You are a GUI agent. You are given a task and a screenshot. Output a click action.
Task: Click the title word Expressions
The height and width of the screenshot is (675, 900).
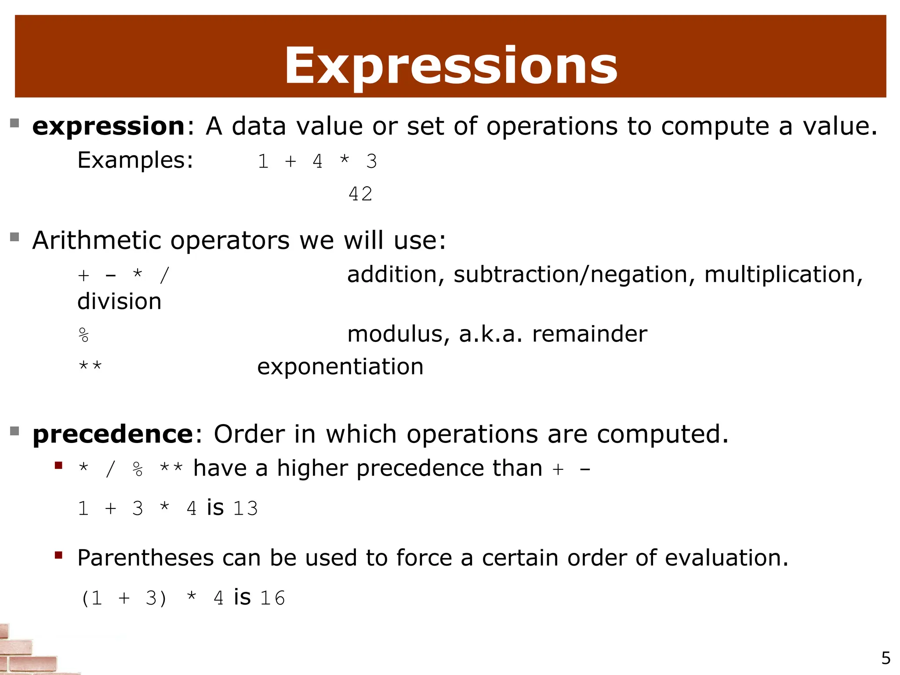point(450,66)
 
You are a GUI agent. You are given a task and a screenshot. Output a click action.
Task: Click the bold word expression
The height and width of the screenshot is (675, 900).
point(109,127)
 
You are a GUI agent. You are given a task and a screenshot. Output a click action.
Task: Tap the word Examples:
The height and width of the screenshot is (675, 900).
point(135,160)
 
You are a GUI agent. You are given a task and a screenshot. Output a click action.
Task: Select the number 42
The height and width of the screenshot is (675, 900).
point(360,194)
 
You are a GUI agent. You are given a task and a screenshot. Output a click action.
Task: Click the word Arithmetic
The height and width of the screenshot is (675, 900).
point(97,240)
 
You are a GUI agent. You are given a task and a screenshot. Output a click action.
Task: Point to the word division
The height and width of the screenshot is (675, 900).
point(119,301)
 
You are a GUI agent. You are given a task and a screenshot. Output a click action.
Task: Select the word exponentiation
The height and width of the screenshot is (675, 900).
point(340,367)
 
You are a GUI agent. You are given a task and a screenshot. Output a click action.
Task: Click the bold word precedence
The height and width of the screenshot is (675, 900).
point(112,434)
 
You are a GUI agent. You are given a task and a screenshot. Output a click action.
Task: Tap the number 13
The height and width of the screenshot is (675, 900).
point(245,508)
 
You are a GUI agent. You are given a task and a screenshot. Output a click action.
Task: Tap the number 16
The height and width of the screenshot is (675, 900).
point(272,598)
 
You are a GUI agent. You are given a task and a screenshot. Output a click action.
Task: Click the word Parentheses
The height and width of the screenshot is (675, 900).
point(145,558)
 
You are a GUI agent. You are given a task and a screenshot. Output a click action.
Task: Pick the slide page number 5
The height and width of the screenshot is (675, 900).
point(886,658)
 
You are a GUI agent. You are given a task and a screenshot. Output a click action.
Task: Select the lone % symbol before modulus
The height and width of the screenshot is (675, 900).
point(83,335)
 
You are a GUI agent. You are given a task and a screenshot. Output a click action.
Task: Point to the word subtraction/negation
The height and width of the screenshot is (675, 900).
point(570,275)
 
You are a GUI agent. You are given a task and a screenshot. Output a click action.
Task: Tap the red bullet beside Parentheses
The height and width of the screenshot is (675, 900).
point(58,555)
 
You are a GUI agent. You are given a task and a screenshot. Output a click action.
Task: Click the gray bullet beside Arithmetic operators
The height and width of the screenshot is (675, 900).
point(15,237)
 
